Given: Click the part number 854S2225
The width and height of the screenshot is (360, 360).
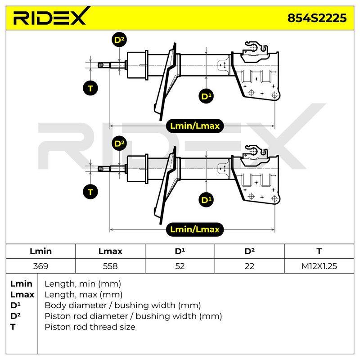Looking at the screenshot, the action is (317, 18).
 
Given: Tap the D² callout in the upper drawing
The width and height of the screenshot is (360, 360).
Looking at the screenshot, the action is (119, 40).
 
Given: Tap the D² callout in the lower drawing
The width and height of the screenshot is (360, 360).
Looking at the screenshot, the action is (119, 144).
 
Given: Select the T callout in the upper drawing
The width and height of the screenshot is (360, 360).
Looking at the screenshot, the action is (90, 88).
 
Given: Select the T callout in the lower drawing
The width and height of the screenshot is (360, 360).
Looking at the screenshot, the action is (90, 192).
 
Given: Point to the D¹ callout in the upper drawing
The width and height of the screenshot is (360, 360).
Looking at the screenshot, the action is (206, 96).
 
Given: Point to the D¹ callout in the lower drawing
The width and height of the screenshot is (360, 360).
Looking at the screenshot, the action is (206, 200).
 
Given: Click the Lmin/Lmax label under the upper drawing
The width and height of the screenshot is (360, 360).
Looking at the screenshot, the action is (195, 126).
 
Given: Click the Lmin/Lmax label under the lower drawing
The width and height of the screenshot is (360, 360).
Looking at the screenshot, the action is (195, 229).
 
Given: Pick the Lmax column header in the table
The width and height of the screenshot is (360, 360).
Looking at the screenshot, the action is (110, 251).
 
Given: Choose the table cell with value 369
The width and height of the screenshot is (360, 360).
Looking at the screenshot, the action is (40, 266).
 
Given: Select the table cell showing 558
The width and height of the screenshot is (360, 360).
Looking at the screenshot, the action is (110, 266).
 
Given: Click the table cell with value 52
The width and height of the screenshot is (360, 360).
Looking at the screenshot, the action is (180, 266).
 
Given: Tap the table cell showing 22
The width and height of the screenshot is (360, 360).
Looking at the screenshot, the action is (249, 266).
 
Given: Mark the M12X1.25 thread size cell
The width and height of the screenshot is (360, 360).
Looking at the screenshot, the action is (319, 266).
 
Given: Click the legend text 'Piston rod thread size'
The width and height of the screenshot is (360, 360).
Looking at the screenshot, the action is (90, 327).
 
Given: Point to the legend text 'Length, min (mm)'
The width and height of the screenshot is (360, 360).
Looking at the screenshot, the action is (83, 284).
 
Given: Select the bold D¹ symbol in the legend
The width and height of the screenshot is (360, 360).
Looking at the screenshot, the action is (15, 305).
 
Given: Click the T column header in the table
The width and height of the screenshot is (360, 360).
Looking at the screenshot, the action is (319, 251).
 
